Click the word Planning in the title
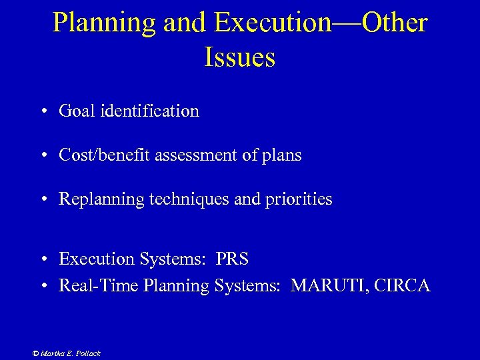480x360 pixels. point(104,23)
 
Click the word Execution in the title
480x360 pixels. point(273,23)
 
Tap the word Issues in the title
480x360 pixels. point(239,57)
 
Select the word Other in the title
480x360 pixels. point(393,23)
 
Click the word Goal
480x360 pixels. point(77,111)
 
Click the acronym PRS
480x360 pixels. point(232,258)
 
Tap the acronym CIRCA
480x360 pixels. point(402,286)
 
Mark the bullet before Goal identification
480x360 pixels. point(42,111)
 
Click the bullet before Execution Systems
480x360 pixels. point(42,259)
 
